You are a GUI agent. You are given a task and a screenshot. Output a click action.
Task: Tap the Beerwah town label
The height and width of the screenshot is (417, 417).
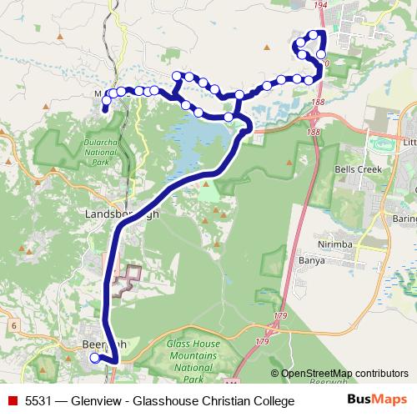click(x=104, y=344)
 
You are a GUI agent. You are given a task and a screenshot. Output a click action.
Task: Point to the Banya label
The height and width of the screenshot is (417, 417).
click(x=312, y=260)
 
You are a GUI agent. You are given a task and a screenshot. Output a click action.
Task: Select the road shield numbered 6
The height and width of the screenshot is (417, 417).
click(x=14, y=324)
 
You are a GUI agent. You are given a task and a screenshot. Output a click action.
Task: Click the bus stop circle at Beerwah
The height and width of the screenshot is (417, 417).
click(x=94, y=358)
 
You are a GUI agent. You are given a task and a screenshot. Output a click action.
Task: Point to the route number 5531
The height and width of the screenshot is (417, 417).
click(x=38, y=401)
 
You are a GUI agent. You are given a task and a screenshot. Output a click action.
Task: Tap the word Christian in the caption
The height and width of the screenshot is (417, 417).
click(x=223, y=401)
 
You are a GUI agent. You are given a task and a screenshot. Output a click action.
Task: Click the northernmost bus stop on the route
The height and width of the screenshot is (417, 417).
click(x=315, y=34)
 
